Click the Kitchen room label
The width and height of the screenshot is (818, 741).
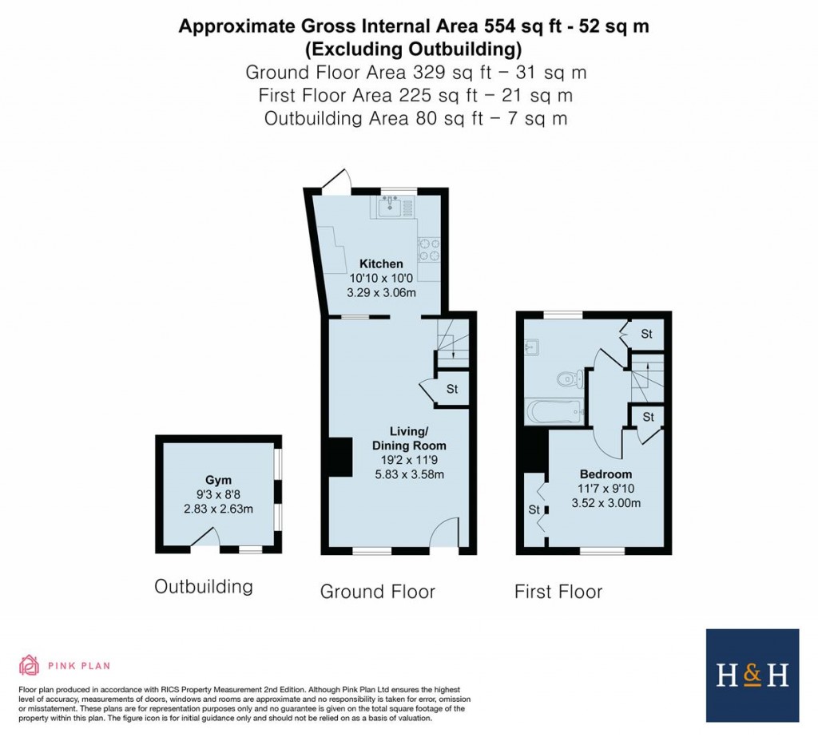point(381,264)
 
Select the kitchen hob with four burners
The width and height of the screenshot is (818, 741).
point(427,250)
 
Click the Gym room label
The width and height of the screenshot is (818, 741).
point(218,480)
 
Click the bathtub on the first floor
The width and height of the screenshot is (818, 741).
point(554,413)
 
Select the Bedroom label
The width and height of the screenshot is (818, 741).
point(606,474)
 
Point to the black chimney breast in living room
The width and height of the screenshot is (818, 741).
point(340,459)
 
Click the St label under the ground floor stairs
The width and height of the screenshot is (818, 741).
point(451,390)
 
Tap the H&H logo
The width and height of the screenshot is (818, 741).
point(752,676)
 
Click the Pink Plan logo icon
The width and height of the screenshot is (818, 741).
point(30,665)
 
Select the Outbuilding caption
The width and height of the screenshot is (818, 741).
point(204,587)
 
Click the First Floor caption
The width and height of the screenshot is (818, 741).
point(558,592)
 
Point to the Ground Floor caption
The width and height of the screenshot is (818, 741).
point(377,592)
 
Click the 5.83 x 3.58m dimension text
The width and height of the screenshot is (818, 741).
point(408,474)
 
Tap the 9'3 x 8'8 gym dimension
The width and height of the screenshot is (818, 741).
point(218,494)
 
